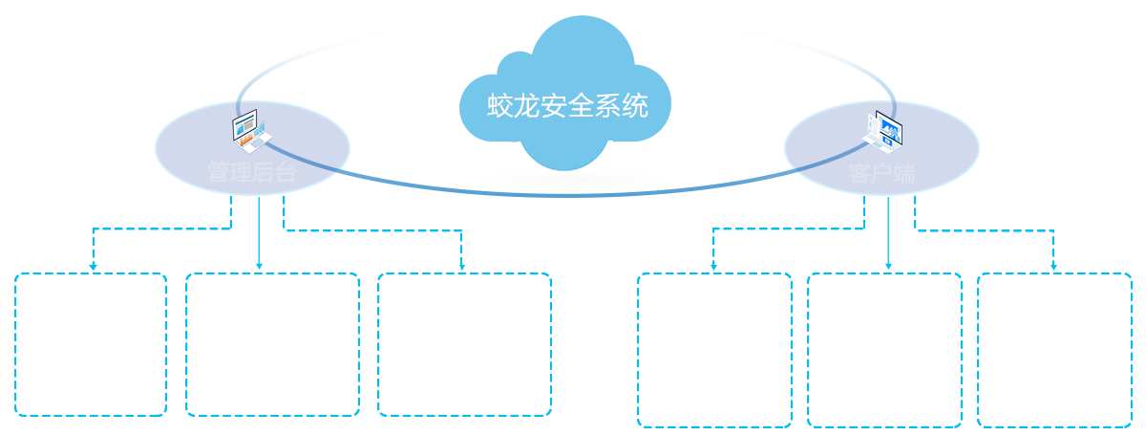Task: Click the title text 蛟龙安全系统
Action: tap(567, 106)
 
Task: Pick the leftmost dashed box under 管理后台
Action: tap(91, 344)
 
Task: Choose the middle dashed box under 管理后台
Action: tap(272, 344)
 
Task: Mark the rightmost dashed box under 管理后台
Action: tap(464, 344)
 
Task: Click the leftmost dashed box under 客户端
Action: tap(714, 349)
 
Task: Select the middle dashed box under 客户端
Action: tap(885, 349)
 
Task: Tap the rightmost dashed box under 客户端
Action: tap(1054, 349)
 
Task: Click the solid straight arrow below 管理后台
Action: tap(259, 234)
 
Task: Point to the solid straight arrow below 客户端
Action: tap(888, 234)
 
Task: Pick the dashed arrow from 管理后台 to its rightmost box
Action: tap(382, 230)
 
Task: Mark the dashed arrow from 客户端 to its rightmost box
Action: tap(993, 229)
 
